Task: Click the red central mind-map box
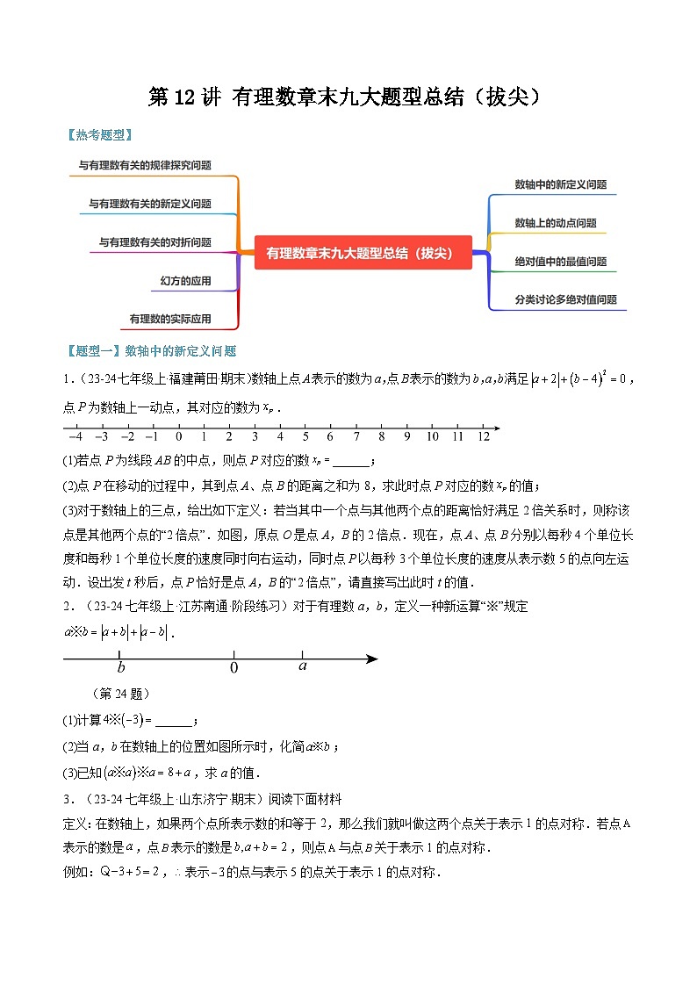pos(363,253)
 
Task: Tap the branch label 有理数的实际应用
pos(170,319)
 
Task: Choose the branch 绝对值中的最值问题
pos(560,262)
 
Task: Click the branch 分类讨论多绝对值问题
pos(565,299)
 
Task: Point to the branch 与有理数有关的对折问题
pos(154,242)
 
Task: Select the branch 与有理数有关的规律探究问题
pos(145,164)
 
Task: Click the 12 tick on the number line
pos(483,436)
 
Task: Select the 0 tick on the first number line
pos(178,436)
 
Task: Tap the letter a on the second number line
pos(302,666)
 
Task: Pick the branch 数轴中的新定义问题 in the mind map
pos(560,184)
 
